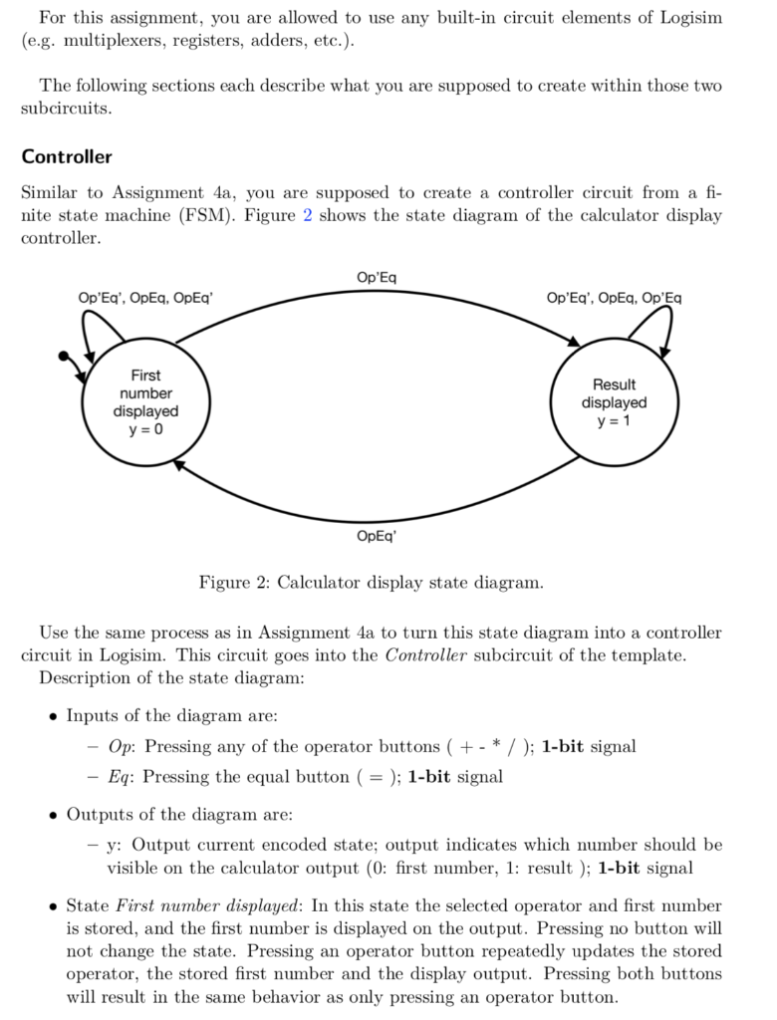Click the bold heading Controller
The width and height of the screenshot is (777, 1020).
67,156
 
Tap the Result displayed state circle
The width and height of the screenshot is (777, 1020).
614,402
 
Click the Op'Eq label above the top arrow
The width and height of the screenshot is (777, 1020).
376,276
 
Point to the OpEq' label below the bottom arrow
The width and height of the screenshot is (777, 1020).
376,536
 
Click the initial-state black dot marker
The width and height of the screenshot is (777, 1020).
65,356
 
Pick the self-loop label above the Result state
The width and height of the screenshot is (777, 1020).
614,298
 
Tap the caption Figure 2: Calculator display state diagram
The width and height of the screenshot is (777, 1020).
372,582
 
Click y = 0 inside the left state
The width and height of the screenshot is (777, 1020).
145,429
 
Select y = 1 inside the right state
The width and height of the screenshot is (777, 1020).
614,421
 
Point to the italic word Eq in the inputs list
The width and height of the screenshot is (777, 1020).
119,776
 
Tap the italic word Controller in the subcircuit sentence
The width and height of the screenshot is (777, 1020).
425,655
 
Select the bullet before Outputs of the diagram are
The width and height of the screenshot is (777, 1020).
52,815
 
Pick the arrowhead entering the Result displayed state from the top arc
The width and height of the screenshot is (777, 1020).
573,343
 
